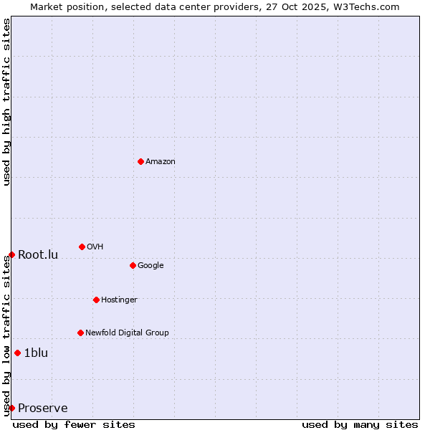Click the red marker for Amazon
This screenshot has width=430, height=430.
[x=140, y=161]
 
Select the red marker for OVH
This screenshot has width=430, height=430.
[x=82, y=247]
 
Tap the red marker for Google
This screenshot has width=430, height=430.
[x=133, y=265]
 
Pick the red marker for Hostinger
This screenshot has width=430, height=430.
[x=96, y=300]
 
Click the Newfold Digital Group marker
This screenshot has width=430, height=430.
[x=80, y=333]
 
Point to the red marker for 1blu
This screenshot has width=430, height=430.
[x=17, y=353]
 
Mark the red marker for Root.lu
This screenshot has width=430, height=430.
[x=11, y=254]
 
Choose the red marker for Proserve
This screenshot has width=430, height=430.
[x=11, y=408]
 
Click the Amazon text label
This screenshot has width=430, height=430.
[x=161, y=161]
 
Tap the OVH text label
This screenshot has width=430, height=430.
[x=95, y=247]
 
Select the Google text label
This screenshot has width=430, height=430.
[x=150, y=265]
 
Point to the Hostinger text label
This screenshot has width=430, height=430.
[x=119, y=300]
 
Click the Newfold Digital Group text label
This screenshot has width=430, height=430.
[x=127, y=333]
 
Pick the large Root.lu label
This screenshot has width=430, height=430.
[x=38, y=254]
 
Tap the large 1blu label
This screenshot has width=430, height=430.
[x=36, y=353]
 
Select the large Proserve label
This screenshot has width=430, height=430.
[x=43, y=408]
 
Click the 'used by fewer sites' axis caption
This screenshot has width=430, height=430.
[x=74, y=424]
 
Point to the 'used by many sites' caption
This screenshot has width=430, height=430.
[x=360, y=424]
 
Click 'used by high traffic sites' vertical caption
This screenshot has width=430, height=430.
[x=6, y=102]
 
